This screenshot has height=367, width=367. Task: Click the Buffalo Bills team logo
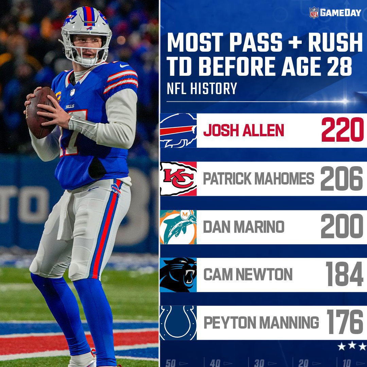178,131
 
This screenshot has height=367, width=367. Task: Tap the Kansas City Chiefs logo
178,179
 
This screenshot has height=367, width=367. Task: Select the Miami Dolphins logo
178,227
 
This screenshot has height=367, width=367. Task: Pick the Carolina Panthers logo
178,275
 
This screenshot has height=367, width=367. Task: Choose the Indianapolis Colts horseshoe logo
178,323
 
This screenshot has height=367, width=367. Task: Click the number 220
342,131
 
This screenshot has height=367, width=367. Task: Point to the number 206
342,179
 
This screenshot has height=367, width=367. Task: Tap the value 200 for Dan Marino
342,227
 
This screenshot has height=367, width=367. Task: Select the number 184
344,275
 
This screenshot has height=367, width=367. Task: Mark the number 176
345,323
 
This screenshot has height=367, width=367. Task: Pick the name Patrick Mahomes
259,179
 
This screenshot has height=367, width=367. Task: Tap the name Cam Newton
248,275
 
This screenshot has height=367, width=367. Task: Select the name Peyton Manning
261,323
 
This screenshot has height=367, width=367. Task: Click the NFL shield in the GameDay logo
313,13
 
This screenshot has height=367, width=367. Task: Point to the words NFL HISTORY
202,89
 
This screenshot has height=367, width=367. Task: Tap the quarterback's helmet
87,34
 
